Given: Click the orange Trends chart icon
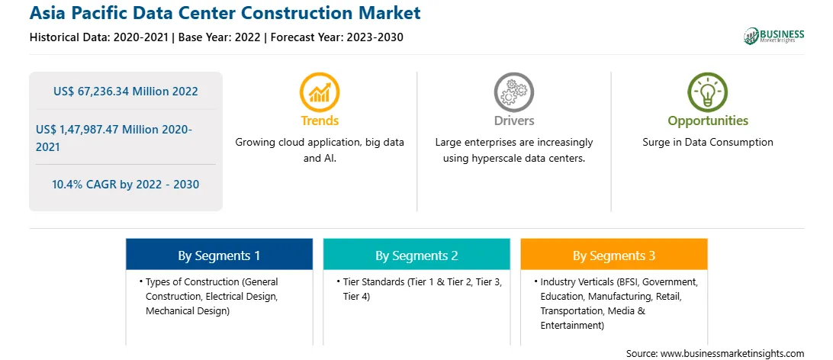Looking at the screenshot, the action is click(320, 92).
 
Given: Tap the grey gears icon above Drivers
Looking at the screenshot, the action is click(513, 92).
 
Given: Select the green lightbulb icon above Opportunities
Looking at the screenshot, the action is click(708, 92).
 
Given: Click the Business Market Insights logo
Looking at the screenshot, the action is click(774, 36).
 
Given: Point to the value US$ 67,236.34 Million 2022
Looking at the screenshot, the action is click(125, 92).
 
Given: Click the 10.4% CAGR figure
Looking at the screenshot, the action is click(125, 185).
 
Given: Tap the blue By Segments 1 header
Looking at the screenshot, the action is click(219, 256).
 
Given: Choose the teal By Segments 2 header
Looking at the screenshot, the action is click(416, 256).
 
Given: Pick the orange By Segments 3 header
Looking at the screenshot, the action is click(613, 256).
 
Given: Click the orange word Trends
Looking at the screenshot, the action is click(320, 121).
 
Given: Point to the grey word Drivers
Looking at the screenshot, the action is click(513, 121).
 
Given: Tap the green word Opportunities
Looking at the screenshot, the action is click(708, 121).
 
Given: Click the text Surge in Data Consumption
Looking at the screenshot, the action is click(708, 143).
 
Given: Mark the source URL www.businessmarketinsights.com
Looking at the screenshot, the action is click(732, 353).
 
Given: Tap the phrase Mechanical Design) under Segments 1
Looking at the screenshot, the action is click(188, 311).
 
